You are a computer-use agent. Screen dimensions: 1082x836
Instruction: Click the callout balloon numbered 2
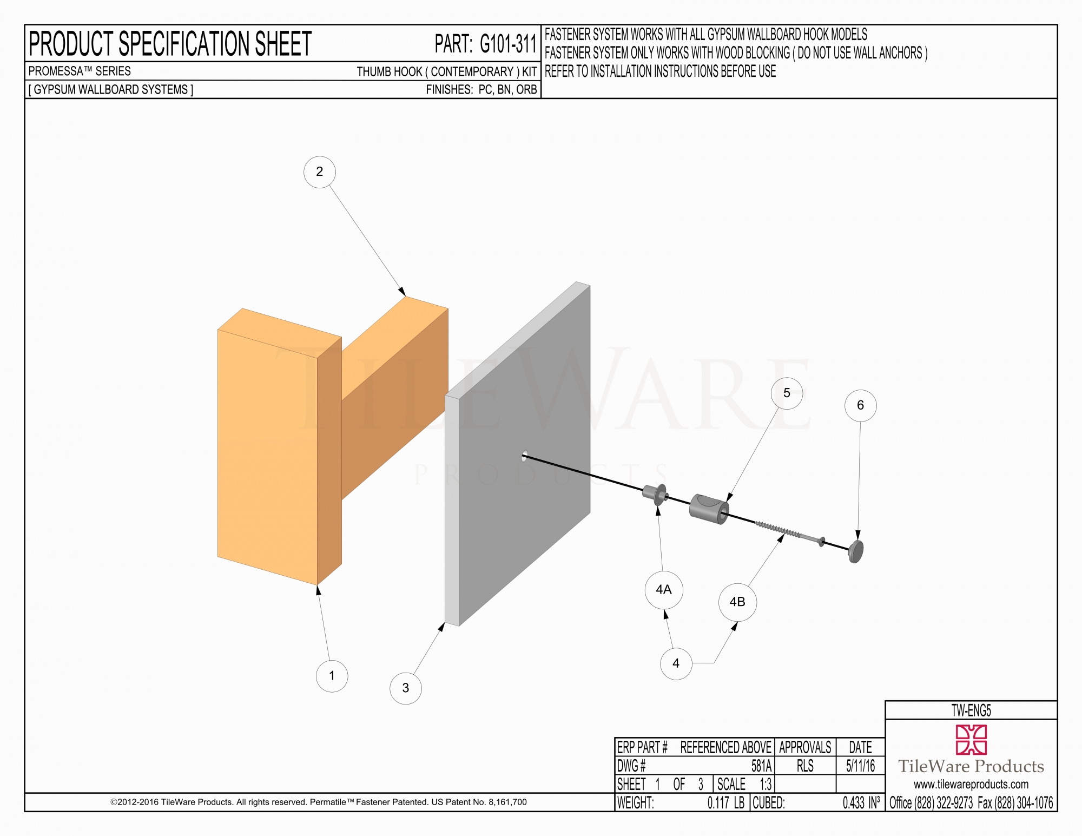pyautogui.click(x=320, y=172)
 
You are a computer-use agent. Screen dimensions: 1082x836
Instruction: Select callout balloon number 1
pyautogui.click(x=332, y=676)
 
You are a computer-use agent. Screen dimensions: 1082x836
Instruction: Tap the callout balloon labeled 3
pyautogui.click(x=406, y=688)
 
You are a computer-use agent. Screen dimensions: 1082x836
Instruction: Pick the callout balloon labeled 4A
pyautogui.click(x=664, y=590)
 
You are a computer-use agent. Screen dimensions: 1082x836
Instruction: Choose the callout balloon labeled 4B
pyautogui.click(x=737, y=602)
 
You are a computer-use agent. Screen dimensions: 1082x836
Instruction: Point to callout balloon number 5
pyautogui.click(x=787, y=393)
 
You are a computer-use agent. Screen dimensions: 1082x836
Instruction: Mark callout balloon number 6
pyautogui.click(x=860, y=406)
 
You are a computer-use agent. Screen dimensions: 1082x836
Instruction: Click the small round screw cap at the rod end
pyautogui.click(x=855, y=551)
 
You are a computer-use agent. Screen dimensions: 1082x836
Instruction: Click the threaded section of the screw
pyautogui.click(x=778, y=530)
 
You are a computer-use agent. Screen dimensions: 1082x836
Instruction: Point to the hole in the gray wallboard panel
pyautogui.click(x=524, y=456)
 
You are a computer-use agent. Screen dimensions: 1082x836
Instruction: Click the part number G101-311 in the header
pyautogui.click(x=508, y=44)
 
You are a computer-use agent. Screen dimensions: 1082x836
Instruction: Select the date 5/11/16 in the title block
pyautogui.click(x=860, y=766)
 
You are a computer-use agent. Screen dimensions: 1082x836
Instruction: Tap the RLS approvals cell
pyautogui.click(x=805, y=766)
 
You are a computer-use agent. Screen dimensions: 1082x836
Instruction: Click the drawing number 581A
pyautogui.click(x=761, y=766)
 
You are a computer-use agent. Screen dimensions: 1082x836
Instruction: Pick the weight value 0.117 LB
pyautogui.click(x=725, y=803)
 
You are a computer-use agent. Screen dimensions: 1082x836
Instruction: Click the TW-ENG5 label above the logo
pyautogui.click(x=971, y=710)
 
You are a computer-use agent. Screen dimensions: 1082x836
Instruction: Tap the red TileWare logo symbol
pyautogui.click(x=971, y=740)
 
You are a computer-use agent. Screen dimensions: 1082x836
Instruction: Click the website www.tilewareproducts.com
pyautogui.click(x=971, y=785)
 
